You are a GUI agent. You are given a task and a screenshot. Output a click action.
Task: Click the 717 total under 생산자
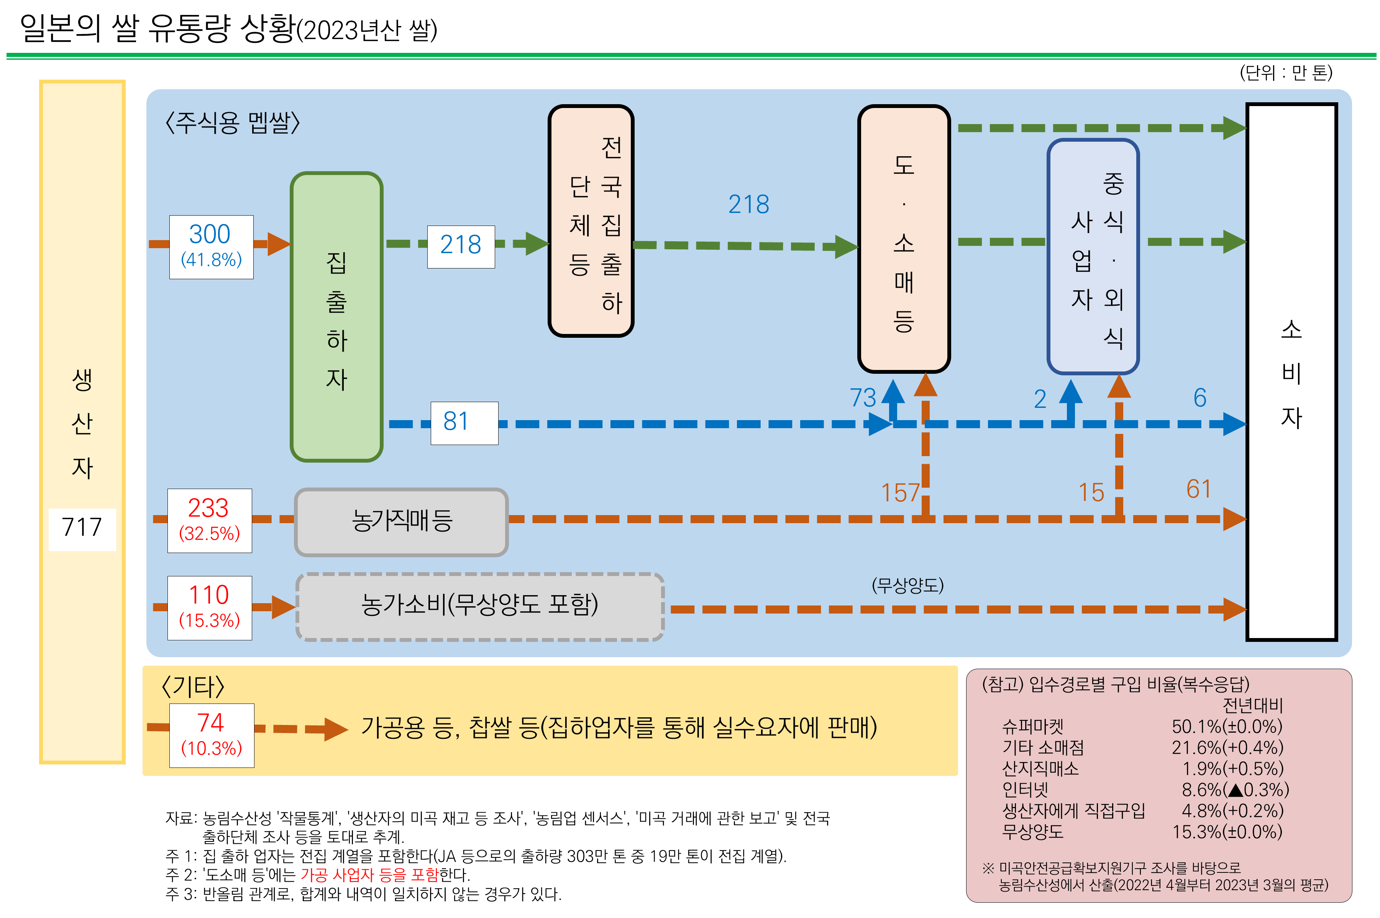pyautogui.click(x=82, y=527)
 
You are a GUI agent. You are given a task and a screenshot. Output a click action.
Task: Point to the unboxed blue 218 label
pyautogui.click(x=748, y=205)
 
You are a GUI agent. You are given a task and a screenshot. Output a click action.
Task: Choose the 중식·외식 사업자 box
pyautogui.click(x=1093, y=257)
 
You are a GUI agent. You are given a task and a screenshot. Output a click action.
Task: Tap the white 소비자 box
pyautogui.click(x=1291, y=372)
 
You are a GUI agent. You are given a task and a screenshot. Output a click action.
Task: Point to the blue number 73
pyautogui.click(x=862, y=398)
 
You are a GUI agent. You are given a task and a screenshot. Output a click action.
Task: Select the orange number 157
pyautogui.click(x=900, y=493)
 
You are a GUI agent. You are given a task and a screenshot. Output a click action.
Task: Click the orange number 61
pyautogui.click(x=1198, y=489)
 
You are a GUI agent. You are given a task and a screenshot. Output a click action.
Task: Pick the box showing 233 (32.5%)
pyautogui.click(x=209, y=520)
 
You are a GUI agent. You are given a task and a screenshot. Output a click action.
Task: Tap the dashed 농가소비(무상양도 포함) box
pyautogui.click(x=480, y=607)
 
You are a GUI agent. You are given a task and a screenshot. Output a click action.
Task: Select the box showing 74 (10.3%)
pyautogui.click(x=212, y=735)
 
